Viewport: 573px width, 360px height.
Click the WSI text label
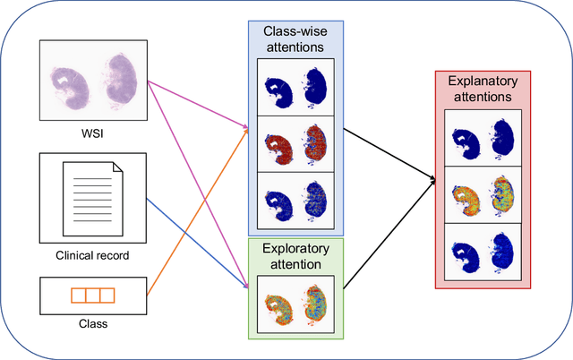[x=93, y=135]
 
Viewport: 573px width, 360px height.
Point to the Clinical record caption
[x=93, y=255]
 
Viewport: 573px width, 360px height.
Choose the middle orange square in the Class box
[x=93, y=295]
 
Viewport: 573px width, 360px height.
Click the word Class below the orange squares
[x=93, y=323]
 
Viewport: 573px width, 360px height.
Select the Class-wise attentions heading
[x=295, y=39]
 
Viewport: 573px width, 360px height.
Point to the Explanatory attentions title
[x=482, y=88]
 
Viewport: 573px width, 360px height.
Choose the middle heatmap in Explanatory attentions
[x=482, y=193]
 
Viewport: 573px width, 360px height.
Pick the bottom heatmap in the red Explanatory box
[x=482, y=247]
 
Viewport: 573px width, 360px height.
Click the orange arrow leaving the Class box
[x=197, y=212]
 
